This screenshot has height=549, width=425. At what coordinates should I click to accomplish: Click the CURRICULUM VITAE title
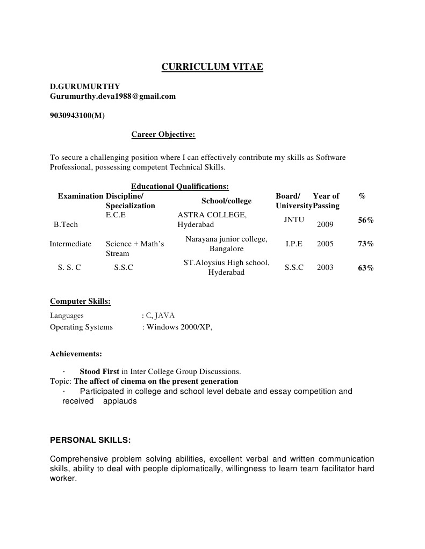[x=212, y=67]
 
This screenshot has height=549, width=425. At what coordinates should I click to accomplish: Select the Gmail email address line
[x=113, y=96]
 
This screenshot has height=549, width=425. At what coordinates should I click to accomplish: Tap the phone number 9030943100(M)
[x=77, y=115]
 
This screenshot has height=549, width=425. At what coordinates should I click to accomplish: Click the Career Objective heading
[x=163, y=135]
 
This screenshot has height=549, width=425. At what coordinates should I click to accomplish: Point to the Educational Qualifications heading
[x=180, y=186]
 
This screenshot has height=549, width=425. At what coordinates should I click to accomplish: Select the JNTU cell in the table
[x=294, y=219]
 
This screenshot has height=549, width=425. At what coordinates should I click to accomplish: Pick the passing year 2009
[x=325, y=224]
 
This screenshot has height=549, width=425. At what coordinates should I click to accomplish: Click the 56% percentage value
[x=366, y=220]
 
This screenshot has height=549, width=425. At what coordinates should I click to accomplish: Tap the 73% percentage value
[x=366, y=244]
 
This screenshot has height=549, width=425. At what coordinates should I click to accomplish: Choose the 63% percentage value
[x=366, y=268]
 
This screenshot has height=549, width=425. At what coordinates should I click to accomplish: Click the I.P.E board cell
[x=294, y=244]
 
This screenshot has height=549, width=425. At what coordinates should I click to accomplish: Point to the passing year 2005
[x=325, y=244]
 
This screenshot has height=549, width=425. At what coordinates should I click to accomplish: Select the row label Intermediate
[x=70, y=244]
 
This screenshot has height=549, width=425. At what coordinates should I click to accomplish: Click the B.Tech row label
[x=66, y=224]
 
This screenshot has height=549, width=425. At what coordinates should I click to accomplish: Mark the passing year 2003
[x=325, y=267]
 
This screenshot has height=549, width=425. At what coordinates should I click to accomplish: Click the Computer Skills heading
[x=80, y=302]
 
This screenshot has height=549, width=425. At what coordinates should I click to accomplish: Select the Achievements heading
[x=76, y=354]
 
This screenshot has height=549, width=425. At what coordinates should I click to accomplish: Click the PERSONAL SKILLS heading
[x=90, y=440]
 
